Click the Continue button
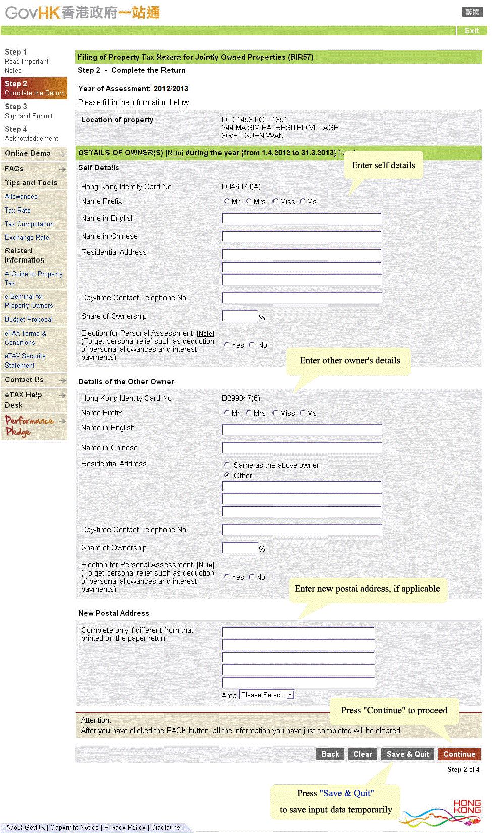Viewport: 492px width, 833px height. [459, 754]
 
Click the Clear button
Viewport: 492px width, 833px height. [362, 754]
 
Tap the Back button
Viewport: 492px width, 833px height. [330, 754]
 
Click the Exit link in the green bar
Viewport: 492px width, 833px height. [471, 31]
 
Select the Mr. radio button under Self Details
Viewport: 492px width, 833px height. [227, 201]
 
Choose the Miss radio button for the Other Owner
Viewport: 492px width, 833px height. [275, 413]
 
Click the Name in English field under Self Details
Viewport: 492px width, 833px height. [301, 219]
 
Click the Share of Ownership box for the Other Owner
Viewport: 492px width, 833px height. [240, 548]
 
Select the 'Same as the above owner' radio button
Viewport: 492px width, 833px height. [227, 465]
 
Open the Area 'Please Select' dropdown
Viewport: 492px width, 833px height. [266, 695]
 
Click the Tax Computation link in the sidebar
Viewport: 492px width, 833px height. [29, 224]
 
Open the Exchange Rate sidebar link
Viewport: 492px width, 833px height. [27, 237]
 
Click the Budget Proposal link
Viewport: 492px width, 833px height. [28, 319]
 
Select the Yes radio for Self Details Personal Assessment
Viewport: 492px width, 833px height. [227, 345]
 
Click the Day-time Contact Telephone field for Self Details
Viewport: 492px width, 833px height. [301, 298]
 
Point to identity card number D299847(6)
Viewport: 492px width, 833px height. [241, 398]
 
